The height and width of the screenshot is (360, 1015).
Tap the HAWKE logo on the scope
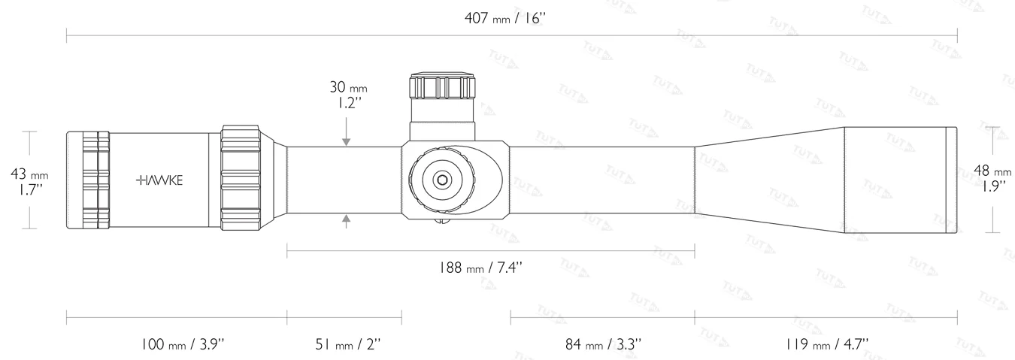point(159,180)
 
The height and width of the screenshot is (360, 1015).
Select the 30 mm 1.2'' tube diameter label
point(347,95)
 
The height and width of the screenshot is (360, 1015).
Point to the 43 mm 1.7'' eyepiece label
point(29,181)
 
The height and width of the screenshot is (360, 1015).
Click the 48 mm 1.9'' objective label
point(992,178)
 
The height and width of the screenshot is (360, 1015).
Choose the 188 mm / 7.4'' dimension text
point(489,267)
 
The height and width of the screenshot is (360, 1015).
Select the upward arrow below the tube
point(346,220)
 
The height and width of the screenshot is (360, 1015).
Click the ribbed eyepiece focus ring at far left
point(89,180)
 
